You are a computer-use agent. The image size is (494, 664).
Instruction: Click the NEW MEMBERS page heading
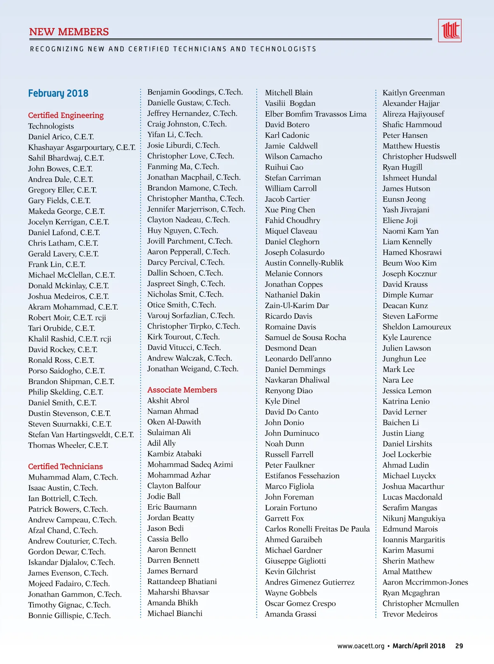point(69,32)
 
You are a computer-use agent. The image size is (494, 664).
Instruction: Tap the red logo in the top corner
point(450,30)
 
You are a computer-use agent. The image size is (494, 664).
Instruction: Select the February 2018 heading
point(58,93)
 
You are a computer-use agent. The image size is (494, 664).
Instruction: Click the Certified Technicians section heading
point(65,466)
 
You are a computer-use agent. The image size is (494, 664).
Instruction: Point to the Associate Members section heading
point(182,390)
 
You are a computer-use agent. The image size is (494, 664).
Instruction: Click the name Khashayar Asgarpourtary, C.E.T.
point(82,147)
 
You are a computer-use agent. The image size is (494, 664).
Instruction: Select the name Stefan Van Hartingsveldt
point(81,435)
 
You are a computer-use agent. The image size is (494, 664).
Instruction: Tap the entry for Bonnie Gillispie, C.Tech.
point(69,615)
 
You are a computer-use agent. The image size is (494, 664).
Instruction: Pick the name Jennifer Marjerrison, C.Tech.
point(196,209)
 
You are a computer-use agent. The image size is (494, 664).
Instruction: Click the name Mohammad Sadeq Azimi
point(190,464)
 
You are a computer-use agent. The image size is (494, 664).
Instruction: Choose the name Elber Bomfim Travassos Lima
point(315,114)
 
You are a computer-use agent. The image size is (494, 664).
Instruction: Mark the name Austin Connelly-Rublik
point(304,263)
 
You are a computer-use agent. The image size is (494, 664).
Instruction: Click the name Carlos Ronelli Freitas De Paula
point(317,529)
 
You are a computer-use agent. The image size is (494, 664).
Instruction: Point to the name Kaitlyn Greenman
point(413,93)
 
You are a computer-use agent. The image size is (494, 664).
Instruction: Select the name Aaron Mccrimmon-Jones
point(425,582)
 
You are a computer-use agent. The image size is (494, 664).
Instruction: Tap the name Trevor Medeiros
point(410,614)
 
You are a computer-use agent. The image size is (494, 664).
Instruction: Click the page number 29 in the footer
point(459,646)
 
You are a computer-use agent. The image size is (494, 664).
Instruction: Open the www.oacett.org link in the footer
point(361,646)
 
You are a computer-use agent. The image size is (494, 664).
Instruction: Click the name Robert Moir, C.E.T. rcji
point(67,318)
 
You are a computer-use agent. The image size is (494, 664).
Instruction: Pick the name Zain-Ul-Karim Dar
point(297,305)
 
